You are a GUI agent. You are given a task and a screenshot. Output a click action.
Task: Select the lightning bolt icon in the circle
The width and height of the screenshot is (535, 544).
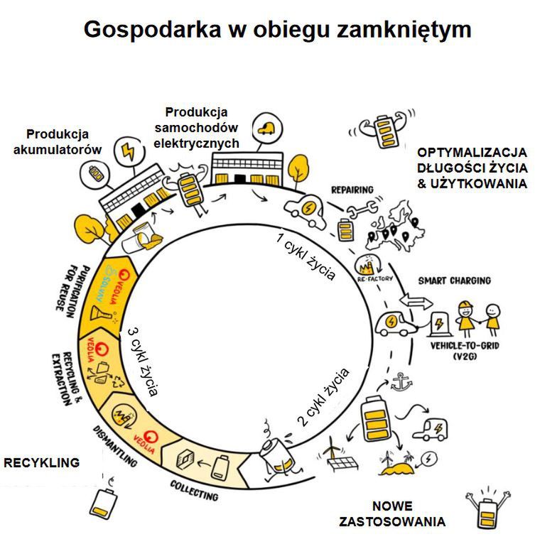(x=130, y=151)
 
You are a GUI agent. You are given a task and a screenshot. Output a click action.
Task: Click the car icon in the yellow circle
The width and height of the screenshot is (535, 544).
(x=268, y=128)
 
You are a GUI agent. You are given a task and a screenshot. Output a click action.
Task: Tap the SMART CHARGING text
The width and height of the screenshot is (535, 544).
(x=454, y=281)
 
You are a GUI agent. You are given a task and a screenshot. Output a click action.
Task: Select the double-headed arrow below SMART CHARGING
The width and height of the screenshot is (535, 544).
(x=416, y=302)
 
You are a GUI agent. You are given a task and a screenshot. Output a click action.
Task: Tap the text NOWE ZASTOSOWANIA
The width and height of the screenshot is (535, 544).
(x=402, y=514)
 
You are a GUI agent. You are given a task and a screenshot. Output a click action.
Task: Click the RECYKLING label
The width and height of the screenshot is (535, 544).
(x=41, y=463)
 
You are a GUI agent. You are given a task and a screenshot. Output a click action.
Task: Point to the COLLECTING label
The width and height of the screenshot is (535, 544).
(x=194, y=491)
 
